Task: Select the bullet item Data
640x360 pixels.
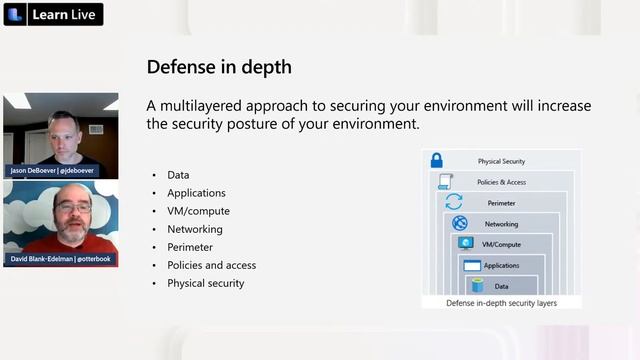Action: click(178, 175)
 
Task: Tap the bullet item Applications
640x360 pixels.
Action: click(196, 193)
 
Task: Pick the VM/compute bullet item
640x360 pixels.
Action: click(198, 211)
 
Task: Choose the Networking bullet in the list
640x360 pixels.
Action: click(194, 229)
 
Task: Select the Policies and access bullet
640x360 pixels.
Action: click(211, 265)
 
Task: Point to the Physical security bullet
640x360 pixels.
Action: click(205, 283)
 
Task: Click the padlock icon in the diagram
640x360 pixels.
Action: click(436, 160)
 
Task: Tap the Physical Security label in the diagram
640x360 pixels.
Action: click(501, 161)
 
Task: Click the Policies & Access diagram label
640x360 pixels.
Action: click(501, 182)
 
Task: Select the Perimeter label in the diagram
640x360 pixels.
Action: click(501, 203)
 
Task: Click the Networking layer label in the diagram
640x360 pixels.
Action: click(501, 224)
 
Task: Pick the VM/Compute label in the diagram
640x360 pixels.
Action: click(501, 244)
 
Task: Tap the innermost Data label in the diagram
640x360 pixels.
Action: click(501, 286)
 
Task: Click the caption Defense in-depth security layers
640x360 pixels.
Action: click(501, 302)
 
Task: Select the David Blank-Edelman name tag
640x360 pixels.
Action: click(60, 259)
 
